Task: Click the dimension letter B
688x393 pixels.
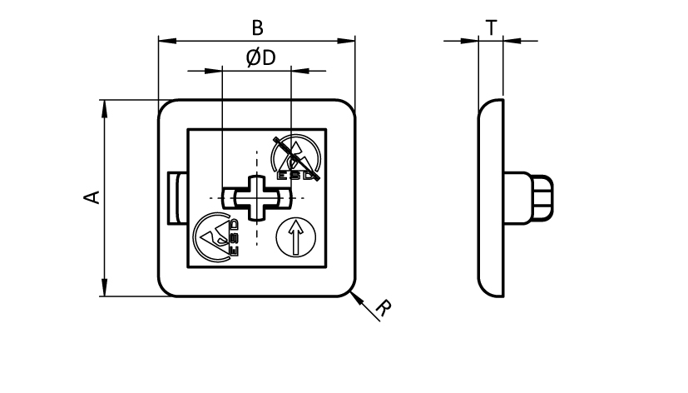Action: coord(257,27)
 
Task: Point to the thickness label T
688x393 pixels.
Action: coord(492,27)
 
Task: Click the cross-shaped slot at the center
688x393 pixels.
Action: coord(257,197)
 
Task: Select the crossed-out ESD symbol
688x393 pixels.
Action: coord(297,158)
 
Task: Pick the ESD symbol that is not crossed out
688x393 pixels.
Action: coord(218,236)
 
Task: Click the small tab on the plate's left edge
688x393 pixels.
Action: coord(176,197)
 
